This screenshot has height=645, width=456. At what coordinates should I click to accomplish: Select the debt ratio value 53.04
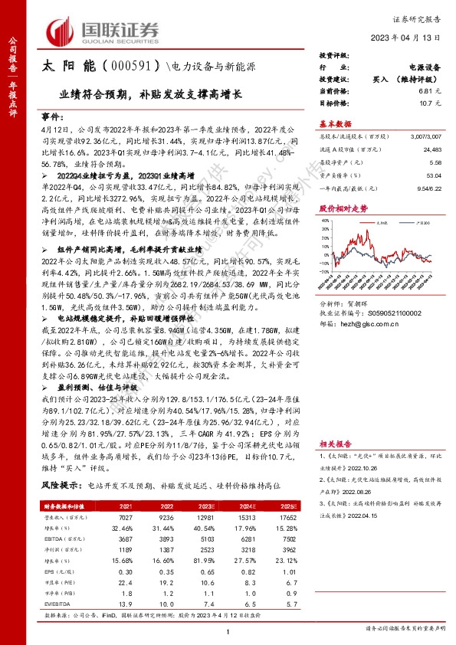coord(432,175)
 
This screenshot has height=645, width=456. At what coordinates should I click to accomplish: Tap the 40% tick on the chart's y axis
coord(326,228)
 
